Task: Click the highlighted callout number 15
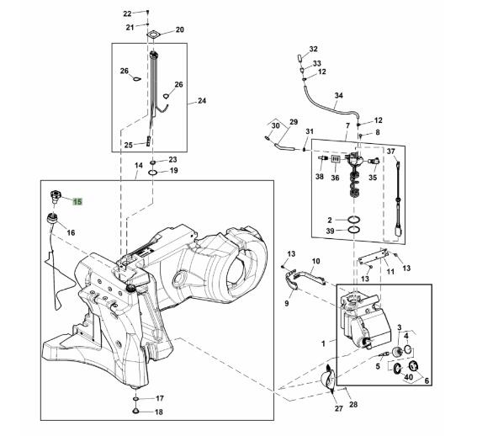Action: [77, 201]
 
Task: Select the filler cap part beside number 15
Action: [55, 195]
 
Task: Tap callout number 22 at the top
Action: [127, 13]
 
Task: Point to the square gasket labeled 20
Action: [154, 35]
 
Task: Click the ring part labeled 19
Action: [153, 173]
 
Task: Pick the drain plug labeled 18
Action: [135, 411]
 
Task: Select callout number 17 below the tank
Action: [160, 398]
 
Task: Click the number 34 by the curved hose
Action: [339, 96]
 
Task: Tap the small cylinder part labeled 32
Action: [299, 57]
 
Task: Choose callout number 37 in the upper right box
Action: [391, 152]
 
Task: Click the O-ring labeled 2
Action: [354, 219]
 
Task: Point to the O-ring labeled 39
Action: [354, 230]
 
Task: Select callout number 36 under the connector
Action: [335, 178]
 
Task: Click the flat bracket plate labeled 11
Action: [373, 258]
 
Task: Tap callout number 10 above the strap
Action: [316, 261]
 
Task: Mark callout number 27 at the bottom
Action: [339, 408]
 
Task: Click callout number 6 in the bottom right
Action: [427, 381]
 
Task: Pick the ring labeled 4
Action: [408, 349]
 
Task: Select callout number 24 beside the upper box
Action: [202, 101]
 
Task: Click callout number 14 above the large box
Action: [139, 166]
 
